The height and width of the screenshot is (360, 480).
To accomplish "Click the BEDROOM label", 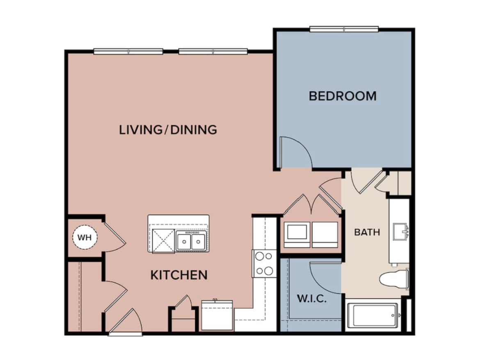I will (x=343, y=96).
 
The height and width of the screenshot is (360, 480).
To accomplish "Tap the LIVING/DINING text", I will (x=168, y=130).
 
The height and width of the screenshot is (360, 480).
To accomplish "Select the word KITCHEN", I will (x=179, y=275).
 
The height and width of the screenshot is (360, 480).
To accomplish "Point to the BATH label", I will (x=367, y=232).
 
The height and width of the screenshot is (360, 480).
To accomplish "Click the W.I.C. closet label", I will (x=312, y=298).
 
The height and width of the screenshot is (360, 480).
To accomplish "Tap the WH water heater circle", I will (x=85, y=237).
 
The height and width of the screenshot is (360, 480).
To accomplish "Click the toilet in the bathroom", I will (x=393, y=279).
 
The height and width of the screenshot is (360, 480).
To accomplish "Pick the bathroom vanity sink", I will (x=400, y=232).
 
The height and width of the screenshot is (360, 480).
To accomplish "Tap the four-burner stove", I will (x=264, y=264).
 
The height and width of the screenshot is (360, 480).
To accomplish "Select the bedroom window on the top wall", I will (x=344, y=29).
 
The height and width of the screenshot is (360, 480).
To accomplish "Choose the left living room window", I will (x=129, y=51).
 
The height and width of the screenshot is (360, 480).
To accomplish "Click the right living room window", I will (x=213, y=51).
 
